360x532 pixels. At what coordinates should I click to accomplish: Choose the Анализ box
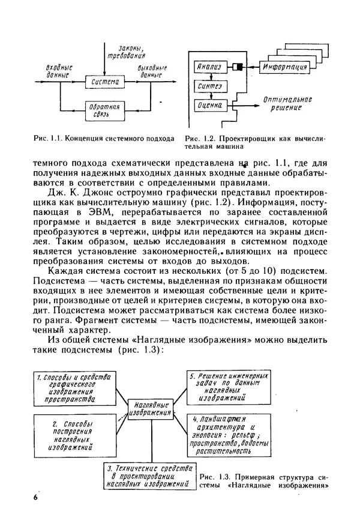[x=211, y=67]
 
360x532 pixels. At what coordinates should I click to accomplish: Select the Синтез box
[x=211, y=86]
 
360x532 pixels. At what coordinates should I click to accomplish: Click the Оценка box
[x=211, y=106]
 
